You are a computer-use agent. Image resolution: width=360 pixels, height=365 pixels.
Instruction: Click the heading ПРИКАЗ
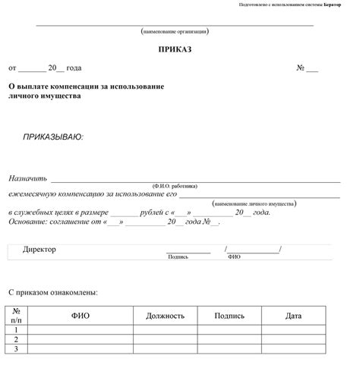175,49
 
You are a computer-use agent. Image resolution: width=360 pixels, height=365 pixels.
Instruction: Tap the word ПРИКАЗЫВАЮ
53,137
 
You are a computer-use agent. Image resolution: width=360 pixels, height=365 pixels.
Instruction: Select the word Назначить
28,178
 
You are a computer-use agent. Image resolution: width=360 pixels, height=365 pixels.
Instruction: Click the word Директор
39,250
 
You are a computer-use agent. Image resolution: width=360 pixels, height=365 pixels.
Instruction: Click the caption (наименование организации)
175,32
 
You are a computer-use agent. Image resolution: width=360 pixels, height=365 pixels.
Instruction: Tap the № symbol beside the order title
301,68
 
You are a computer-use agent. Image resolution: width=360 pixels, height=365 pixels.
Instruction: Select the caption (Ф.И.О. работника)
175,186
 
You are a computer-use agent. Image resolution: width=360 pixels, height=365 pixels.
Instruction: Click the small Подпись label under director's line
178,257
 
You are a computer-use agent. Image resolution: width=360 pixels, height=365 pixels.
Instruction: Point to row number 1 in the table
16,331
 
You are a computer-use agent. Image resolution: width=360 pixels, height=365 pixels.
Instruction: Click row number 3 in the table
16,349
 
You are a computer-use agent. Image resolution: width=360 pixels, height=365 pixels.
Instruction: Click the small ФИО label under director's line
234,257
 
